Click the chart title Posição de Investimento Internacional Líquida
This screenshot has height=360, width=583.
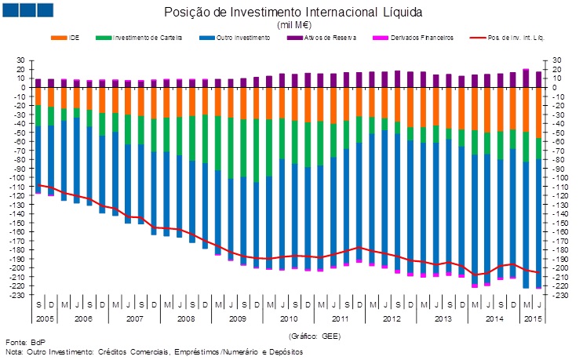[x=293, y=13]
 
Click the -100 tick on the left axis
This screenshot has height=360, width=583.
[x=18, y=178]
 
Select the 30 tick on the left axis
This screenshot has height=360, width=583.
[x=21, y=60]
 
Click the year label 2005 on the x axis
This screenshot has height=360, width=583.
[x=44, y=319]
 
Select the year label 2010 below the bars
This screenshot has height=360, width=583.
[x=289, y=319]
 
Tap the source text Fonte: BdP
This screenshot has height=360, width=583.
[x=27, y=343]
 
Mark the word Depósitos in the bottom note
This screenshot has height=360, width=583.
[x=284, y=351]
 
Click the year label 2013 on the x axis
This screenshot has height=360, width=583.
[x=443, y=319]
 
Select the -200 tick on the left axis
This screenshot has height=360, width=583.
[x=18, y=268]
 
